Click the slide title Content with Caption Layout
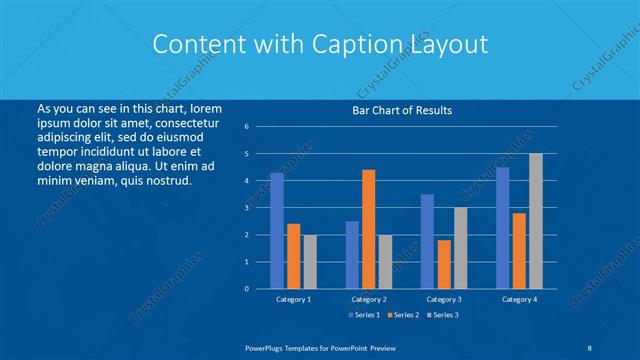(319, 44)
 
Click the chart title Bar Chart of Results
(401, 110)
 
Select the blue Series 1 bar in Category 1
(276, 230)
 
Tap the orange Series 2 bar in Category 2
(368, 229)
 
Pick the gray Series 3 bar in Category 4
(536, 221)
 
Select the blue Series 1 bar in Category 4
(502, 227)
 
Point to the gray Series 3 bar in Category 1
(310, 261)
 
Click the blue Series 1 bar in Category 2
(352, 254)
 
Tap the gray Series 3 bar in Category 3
(460, 248)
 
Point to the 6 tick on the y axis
(247, 127)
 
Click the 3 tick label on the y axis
(247, 208)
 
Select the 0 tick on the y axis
(247, 289)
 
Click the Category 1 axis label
(293, 299)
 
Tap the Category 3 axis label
(443, 299)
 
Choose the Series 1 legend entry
(364, 315)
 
